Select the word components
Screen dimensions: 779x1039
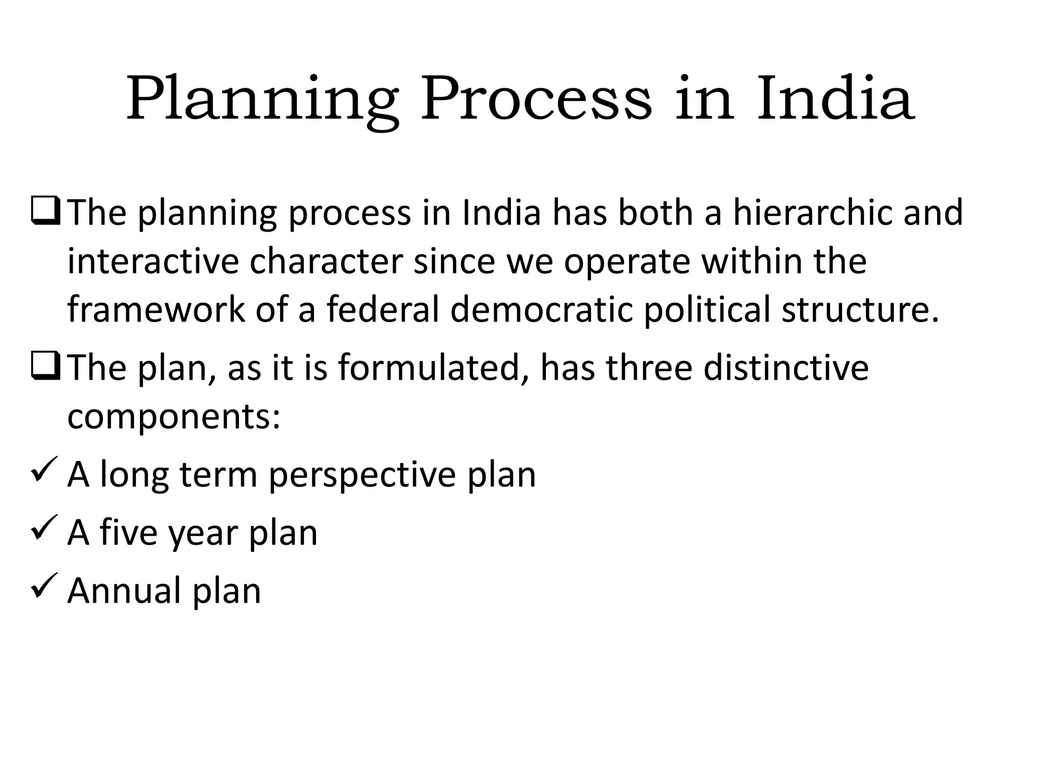173,417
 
